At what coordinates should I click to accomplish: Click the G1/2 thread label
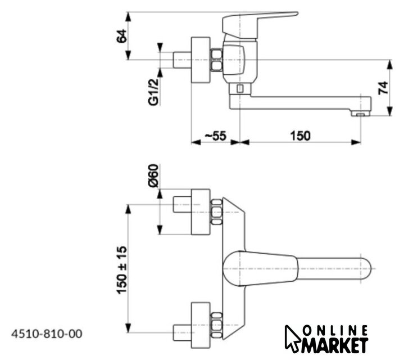tap(153, 92)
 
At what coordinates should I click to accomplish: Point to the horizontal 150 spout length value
tap(300, 136)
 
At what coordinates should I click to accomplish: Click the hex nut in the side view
tap(216, 60)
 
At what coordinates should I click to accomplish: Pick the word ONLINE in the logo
tap(336, 330)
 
